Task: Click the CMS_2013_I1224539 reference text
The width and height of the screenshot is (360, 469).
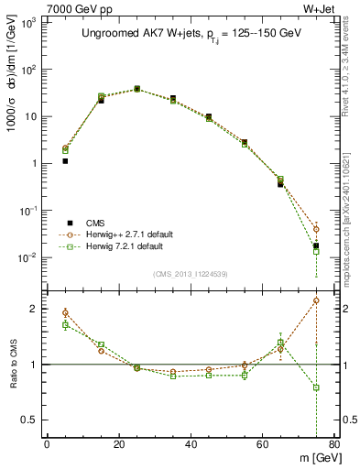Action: [191, 273]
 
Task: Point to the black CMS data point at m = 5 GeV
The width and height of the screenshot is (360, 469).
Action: [65, 160]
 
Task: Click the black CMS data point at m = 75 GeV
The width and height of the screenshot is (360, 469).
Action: [316, 245]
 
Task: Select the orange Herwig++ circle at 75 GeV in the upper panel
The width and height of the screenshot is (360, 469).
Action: [316, 229]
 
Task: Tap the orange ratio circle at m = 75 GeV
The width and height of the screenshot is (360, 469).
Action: [316, 300]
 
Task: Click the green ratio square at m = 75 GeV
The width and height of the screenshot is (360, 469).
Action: [316, 387]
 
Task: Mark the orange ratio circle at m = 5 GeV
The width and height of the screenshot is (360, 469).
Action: [65, 312]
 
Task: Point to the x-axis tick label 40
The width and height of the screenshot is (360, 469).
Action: [191, 445]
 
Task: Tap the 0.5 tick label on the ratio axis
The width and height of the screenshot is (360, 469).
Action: [30, 420]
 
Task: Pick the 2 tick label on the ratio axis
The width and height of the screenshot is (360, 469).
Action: [35, 310]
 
